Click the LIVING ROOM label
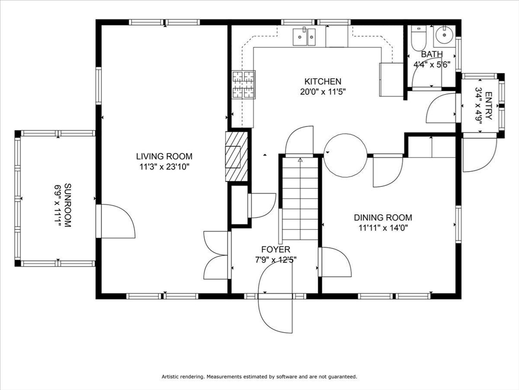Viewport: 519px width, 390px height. click(x=164, y=156)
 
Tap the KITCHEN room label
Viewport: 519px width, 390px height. click(x=322, y=81)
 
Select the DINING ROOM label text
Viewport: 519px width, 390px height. click(x=383, y=218)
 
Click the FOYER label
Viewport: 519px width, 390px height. click(x=276, y=249)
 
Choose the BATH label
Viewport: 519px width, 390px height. click(x=431, y=54)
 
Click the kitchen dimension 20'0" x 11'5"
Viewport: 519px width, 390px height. click(x=322, y=92)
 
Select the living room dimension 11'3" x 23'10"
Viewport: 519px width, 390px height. click(x=164, y=166)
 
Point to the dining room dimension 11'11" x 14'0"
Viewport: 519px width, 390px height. click(x=383, y=228)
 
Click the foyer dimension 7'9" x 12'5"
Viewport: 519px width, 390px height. click(x=276, y=259)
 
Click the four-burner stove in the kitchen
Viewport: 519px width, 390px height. click(x=243, y=84)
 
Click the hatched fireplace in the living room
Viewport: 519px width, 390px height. click(x=237, y=156)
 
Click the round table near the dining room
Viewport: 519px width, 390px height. click(x=345, y=155)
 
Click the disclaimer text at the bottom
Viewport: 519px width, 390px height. click(x=259, y=377)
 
